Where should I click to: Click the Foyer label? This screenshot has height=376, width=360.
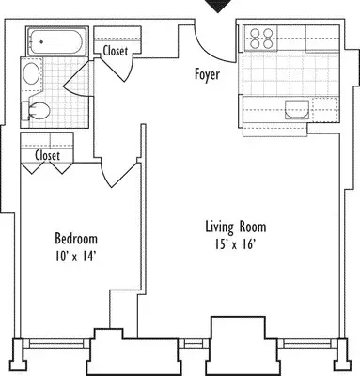pyautogui.click(x=207, y=74)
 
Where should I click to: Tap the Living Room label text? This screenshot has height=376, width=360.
pyautogui.click(x=236, y=227)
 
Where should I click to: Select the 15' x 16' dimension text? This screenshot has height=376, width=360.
pyautogui.click(x=234, y=244)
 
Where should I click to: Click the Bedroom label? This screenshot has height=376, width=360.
pyautogui.click(x=76, y=239)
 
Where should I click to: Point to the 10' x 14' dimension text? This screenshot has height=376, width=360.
pyautogui.click(x=75, y=257)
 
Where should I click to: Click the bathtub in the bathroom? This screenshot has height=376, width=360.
pyautogui.click(x=56, y=41)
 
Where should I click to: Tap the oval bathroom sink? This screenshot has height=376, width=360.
pyautogui.click(x=31, y=73)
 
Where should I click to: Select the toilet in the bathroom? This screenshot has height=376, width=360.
pyautogui.click(x=36, y=111)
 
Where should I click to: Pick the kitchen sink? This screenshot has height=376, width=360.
pyautogui.click(x=297, y=109)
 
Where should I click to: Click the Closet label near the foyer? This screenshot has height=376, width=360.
pyautogui.click(x=116, y=51)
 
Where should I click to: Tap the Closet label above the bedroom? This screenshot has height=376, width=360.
pyautogui.click(x=47, y=155)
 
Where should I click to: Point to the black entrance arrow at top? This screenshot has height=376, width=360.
pyautogui.click(x=218, y=6)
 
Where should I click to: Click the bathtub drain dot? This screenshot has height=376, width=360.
pyautogui.click(x=41, y=41)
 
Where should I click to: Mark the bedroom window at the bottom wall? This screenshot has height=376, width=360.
pyautogui.click(x=57, y=344)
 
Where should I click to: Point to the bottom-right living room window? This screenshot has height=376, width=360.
pyautogui.click(x=307, y=344)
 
